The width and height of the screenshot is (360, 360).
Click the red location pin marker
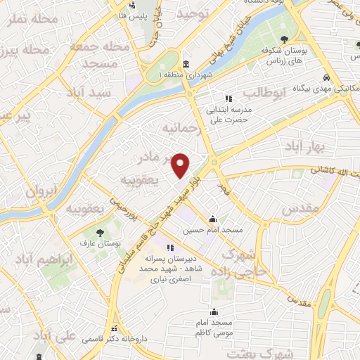181,165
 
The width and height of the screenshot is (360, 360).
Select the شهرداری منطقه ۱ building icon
186,63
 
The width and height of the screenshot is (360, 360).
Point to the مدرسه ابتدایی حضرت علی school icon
227,99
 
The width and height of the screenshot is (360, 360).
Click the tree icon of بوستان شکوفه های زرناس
283,39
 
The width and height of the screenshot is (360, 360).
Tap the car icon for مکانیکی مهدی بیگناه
327,77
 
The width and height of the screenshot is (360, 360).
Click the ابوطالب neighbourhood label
264,92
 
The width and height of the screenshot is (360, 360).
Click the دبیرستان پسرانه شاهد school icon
169,247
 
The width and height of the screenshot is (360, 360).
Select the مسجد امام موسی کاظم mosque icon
214,311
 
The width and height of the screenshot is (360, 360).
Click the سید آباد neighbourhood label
89,92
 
